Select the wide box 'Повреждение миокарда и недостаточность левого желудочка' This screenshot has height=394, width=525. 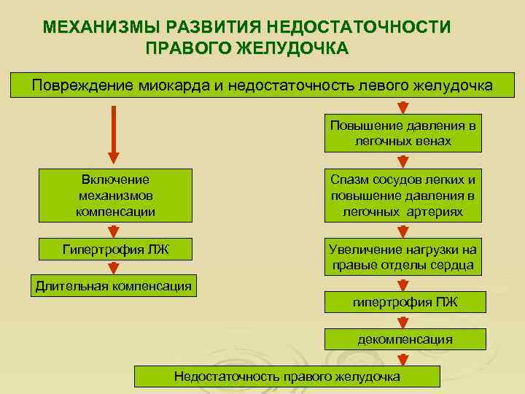click(x=262, y=85)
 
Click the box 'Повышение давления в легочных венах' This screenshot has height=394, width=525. click(x=403, y=133)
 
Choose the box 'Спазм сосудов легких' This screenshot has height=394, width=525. click(x=403, y=196)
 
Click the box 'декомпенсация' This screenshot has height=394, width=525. click(x=403, y=339)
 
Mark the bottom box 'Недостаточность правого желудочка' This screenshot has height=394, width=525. click(x=287, y=376)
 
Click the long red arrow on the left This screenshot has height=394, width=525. click(x=113, y=135)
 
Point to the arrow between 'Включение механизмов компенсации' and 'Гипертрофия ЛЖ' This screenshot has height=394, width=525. click(x=113, y=231)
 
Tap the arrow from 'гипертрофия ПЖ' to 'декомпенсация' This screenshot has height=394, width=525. click(x=402, y=321)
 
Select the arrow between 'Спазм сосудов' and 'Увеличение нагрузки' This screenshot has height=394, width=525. click(x=402, y=231)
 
